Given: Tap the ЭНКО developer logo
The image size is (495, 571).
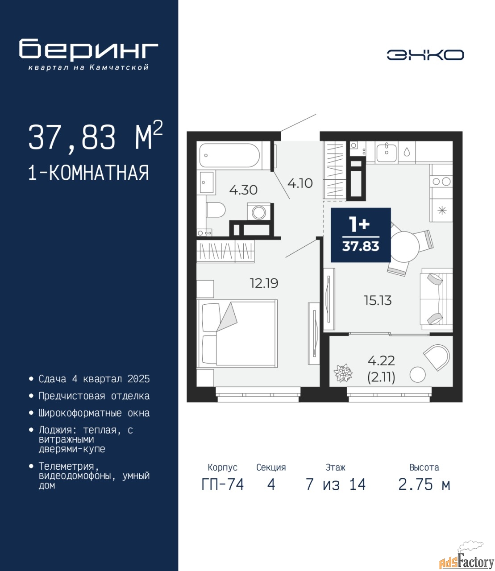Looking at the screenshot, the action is pyautogui.click(x=425, y=55).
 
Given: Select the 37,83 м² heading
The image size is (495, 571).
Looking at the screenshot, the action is pyautogui.click(x=96, y=137).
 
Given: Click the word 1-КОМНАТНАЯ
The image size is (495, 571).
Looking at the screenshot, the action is pyautogui.click(x=89, y=173).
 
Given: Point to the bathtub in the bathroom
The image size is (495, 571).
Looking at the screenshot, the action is pyautogui.click(x=229, y=155).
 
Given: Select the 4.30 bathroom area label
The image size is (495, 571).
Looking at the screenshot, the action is pyautogui.click(x=244, y=190).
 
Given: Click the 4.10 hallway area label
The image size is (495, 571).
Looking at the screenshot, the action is pyautogui.click(x=300, y=183).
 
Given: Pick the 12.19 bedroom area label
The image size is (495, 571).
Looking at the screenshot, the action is pyautogui.click(x=264, y=283).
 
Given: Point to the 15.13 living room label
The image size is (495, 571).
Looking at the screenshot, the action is pyautogui.click(x=378, y=301).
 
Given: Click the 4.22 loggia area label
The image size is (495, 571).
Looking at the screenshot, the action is pyautogui.click(x=381, y=360).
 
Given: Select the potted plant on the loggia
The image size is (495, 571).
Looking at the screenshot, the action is pyautogui.click(x=343, y=373).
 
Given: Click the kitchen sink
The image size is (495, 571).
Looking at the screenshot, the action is pyautogui.click(x=387, y=153).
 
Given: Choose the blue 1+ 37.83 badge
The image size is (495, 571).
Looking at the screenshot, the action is pyautogui.click(x=361, y=235).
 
